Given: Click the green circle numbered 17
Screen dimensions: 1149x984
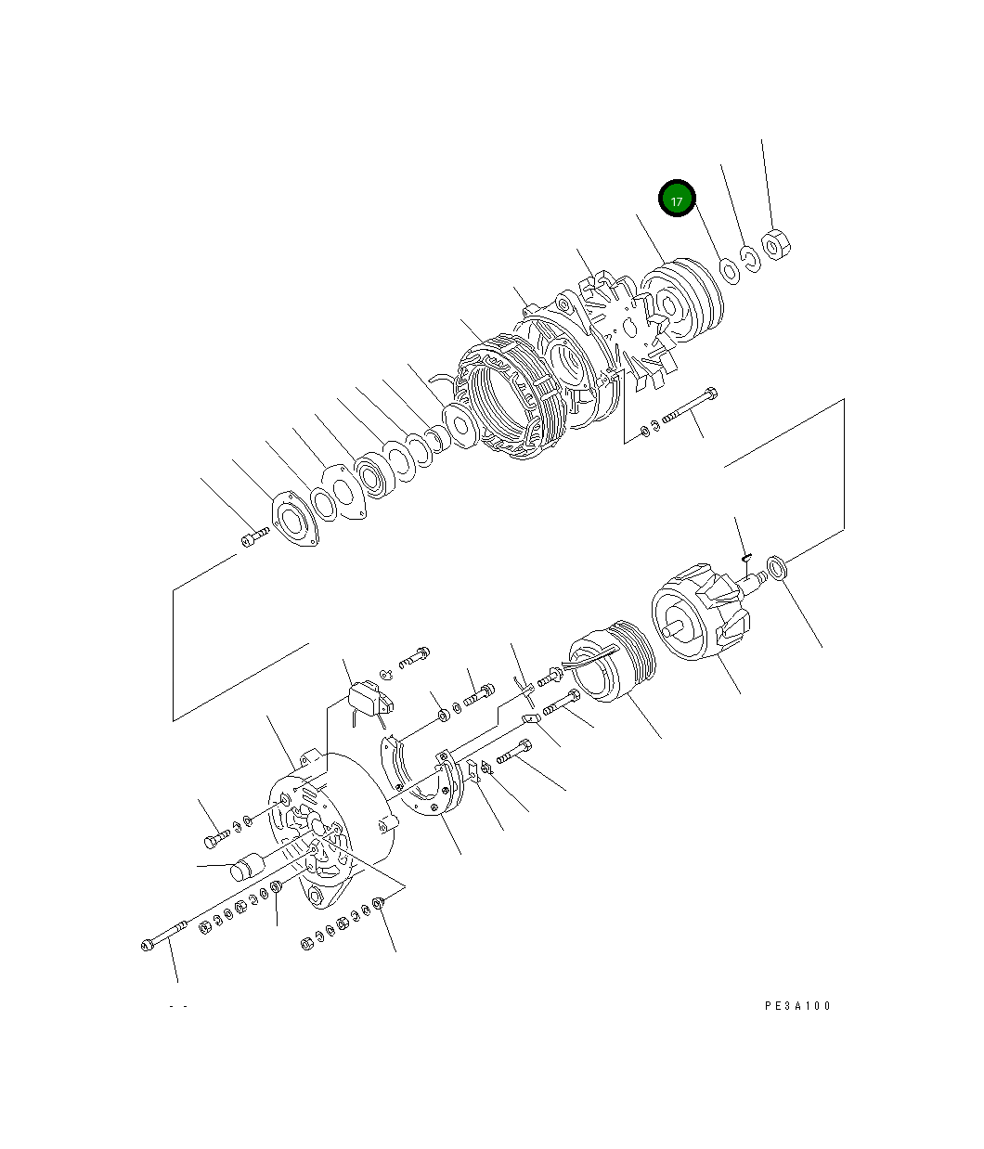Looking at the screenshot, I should (677, 200).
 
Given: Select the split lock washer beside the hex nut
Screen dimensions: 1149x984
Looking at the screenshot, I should (750, 257).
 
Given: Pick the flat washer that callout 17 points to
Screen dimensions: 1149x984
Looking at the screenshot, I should (729, 270).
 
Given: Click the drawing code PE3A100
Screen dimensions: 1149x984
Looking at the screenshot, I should (797, 1006).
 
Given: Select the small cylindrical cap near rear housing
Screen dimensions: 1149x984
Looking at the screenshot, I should (246, 869).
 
